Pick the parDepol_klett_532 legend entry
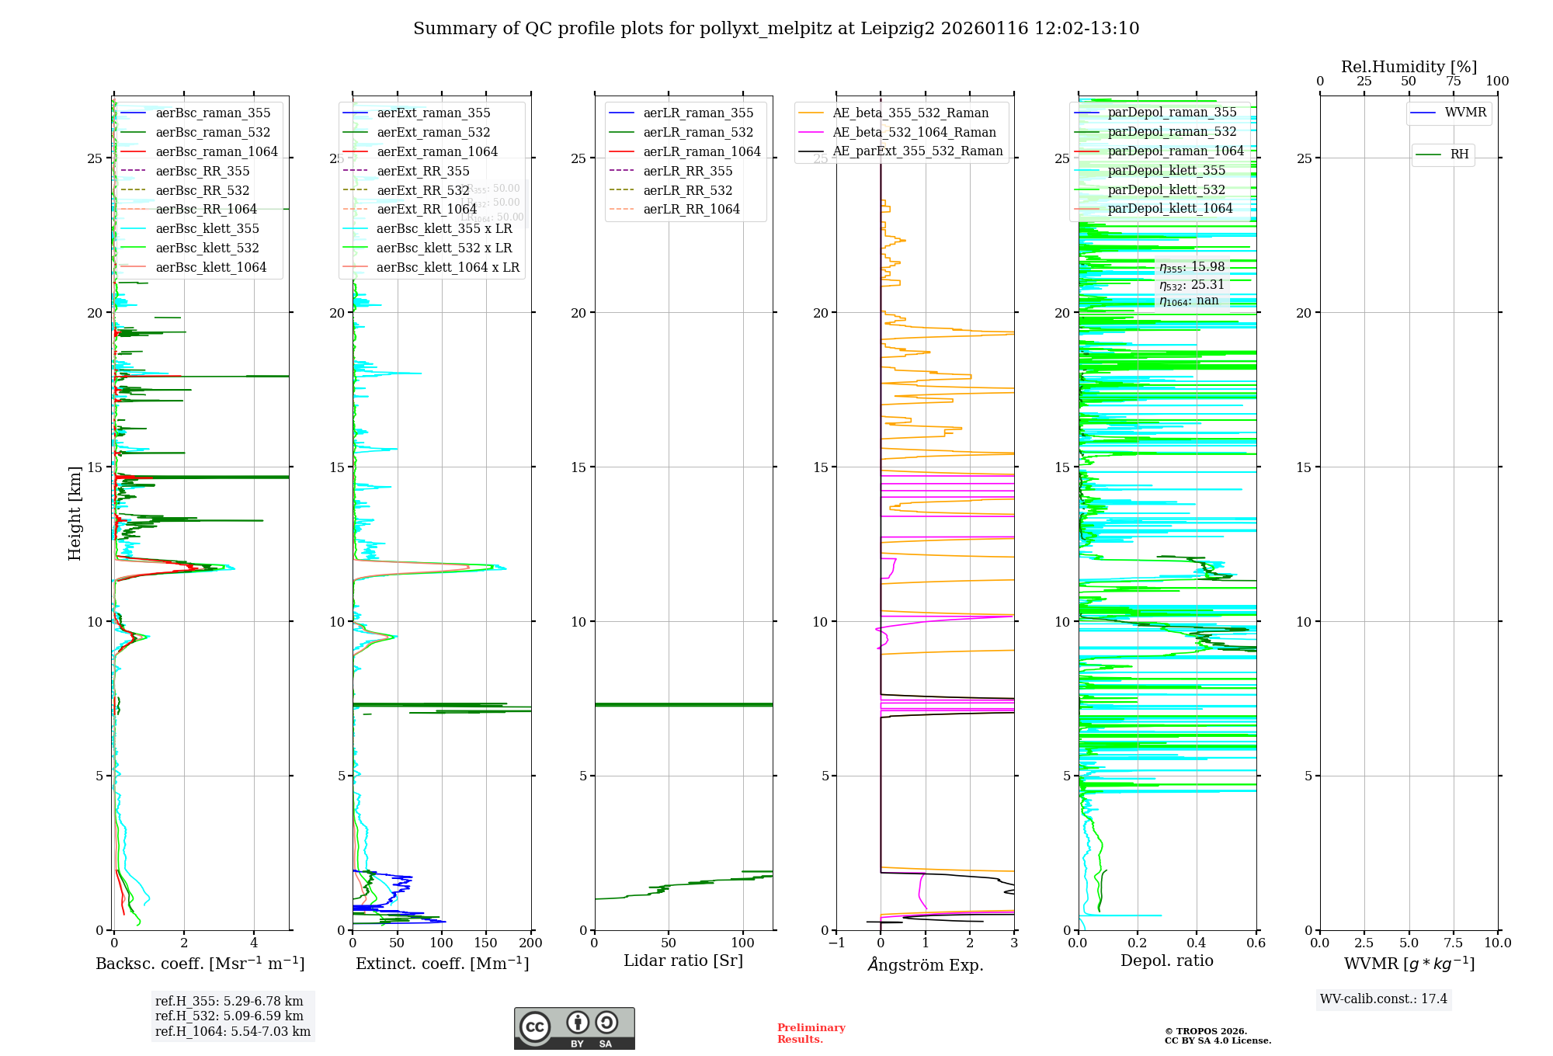(x=1166, y=189)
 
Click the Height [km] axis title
(x=75, y=513)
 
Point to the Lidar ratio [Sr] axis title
(x=683, y=961)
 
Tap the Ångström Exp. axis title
(x=926, y=965)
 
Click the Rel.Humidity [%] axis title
(x=1409, y=67)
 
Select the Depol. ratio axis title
(x=1166, y=961)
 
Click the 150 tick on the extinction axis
(x=486, y=943)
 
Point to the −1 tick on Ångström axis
(x=836, y=943)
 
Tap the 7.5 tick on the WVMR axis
(x=1454, y=943)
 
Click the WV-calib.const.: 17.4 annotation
(x=1384, y=999)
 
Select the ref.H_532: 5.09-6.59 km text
(x=229, y=1016)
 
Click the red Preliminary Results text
(x=811, y=1033)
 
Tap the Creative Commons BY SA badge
(x=574, y=1029)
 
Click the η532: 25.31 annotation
(x=1192, y=285)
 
